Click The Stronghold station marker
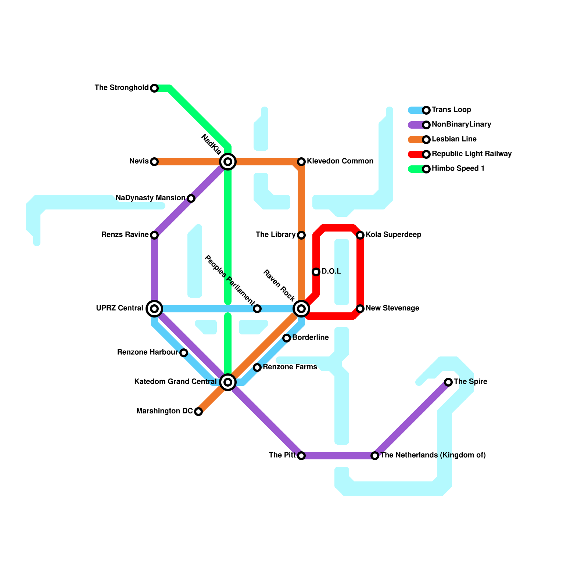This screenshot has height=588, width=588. (x=154, y=88)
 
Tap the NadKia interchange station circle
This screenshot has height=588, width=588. (x=228, y=162)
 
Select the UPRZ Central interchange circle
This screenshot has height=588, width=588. (x=154, y=309)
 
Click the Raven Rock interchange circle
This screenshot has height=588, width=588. (x=301, y=309)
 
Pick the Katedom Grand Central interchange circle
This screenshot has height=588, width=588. (x=228, y=382)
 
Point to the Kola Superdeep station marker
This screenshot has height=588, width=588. (x=360, y=235)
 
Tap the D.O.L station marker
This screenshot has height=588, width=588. (x=316, y=272)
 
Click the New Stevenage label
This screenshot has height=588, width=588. (x=392, y=308)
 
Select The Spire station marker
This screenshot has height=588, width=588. (x=448, y=382)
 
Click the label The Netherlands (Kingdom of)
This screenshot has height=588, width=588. (x=433, y=455)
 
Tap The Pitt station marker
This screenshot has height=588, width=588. (x=301, y=456)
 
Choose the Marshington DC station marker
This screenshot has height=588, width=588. (x=198, y=412)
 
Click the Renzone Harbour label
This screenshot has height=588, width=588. (x=147, y=352)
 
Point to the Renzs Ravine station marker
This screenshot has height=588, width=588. (x=154, y=235)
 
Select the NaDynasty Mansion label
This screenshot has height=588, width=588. (x=150, y=198)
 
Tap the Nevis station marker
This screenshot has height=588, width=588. (x=154, y=162)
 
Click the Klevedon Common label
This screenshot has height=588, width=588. (x=340, y=161)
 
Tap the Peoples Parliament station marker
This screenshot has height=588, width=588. (x=257, y=309)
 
